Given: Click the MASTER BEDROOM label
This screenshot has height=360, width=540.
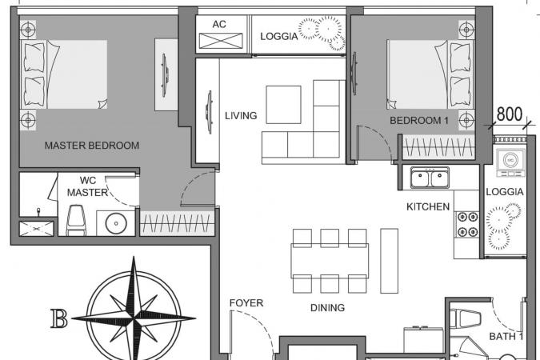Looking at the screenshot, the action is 92,146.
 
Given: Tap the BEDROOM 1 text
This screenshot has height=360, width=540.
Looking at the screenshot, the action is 419,121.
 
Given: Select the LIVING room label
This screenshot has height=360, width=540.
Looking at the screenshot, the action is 241,116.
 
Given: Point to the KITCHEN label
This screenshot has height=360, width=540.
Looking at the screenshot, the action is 428,206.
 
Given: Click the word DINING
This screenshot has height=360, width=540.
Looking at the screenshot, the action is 327,308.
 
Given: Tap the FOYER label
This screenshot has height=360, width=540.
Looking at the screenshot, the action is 246,303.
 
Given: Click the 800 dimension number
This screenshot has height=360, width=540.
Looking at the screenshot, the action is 510,114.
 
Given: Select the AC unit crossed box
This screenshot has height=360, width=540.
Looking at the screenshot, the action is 221,41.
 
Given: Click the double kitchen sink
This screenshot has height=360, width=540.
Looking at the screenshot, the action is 430,178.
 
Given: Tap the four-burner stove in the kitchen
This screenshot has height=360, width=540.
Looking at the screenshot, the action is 468,225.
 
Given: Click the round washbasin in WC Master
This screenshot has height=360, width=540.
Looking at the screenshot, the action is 116,223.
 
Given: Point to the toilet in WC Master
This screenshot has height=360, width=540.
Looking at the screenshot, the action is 76,221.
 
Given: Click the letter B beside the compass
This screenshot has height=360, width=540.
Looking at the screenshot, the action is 59,318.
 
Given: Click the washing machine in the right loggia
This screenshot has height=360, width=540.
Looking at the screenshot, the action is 510,161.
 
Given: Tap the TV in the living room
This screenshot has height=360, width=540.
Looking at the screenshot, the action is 208,112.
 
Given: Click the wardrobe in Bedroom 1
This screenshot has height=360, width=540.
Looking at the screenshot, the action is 438,148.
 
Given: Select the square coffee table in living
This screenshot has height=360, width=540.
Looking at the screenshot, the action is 283,105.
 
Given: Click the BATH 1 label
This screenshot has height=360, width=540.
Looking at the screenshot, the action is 506,336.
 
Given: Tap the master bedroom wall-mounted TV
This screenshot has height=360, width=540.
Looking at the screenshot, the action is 165,74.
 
